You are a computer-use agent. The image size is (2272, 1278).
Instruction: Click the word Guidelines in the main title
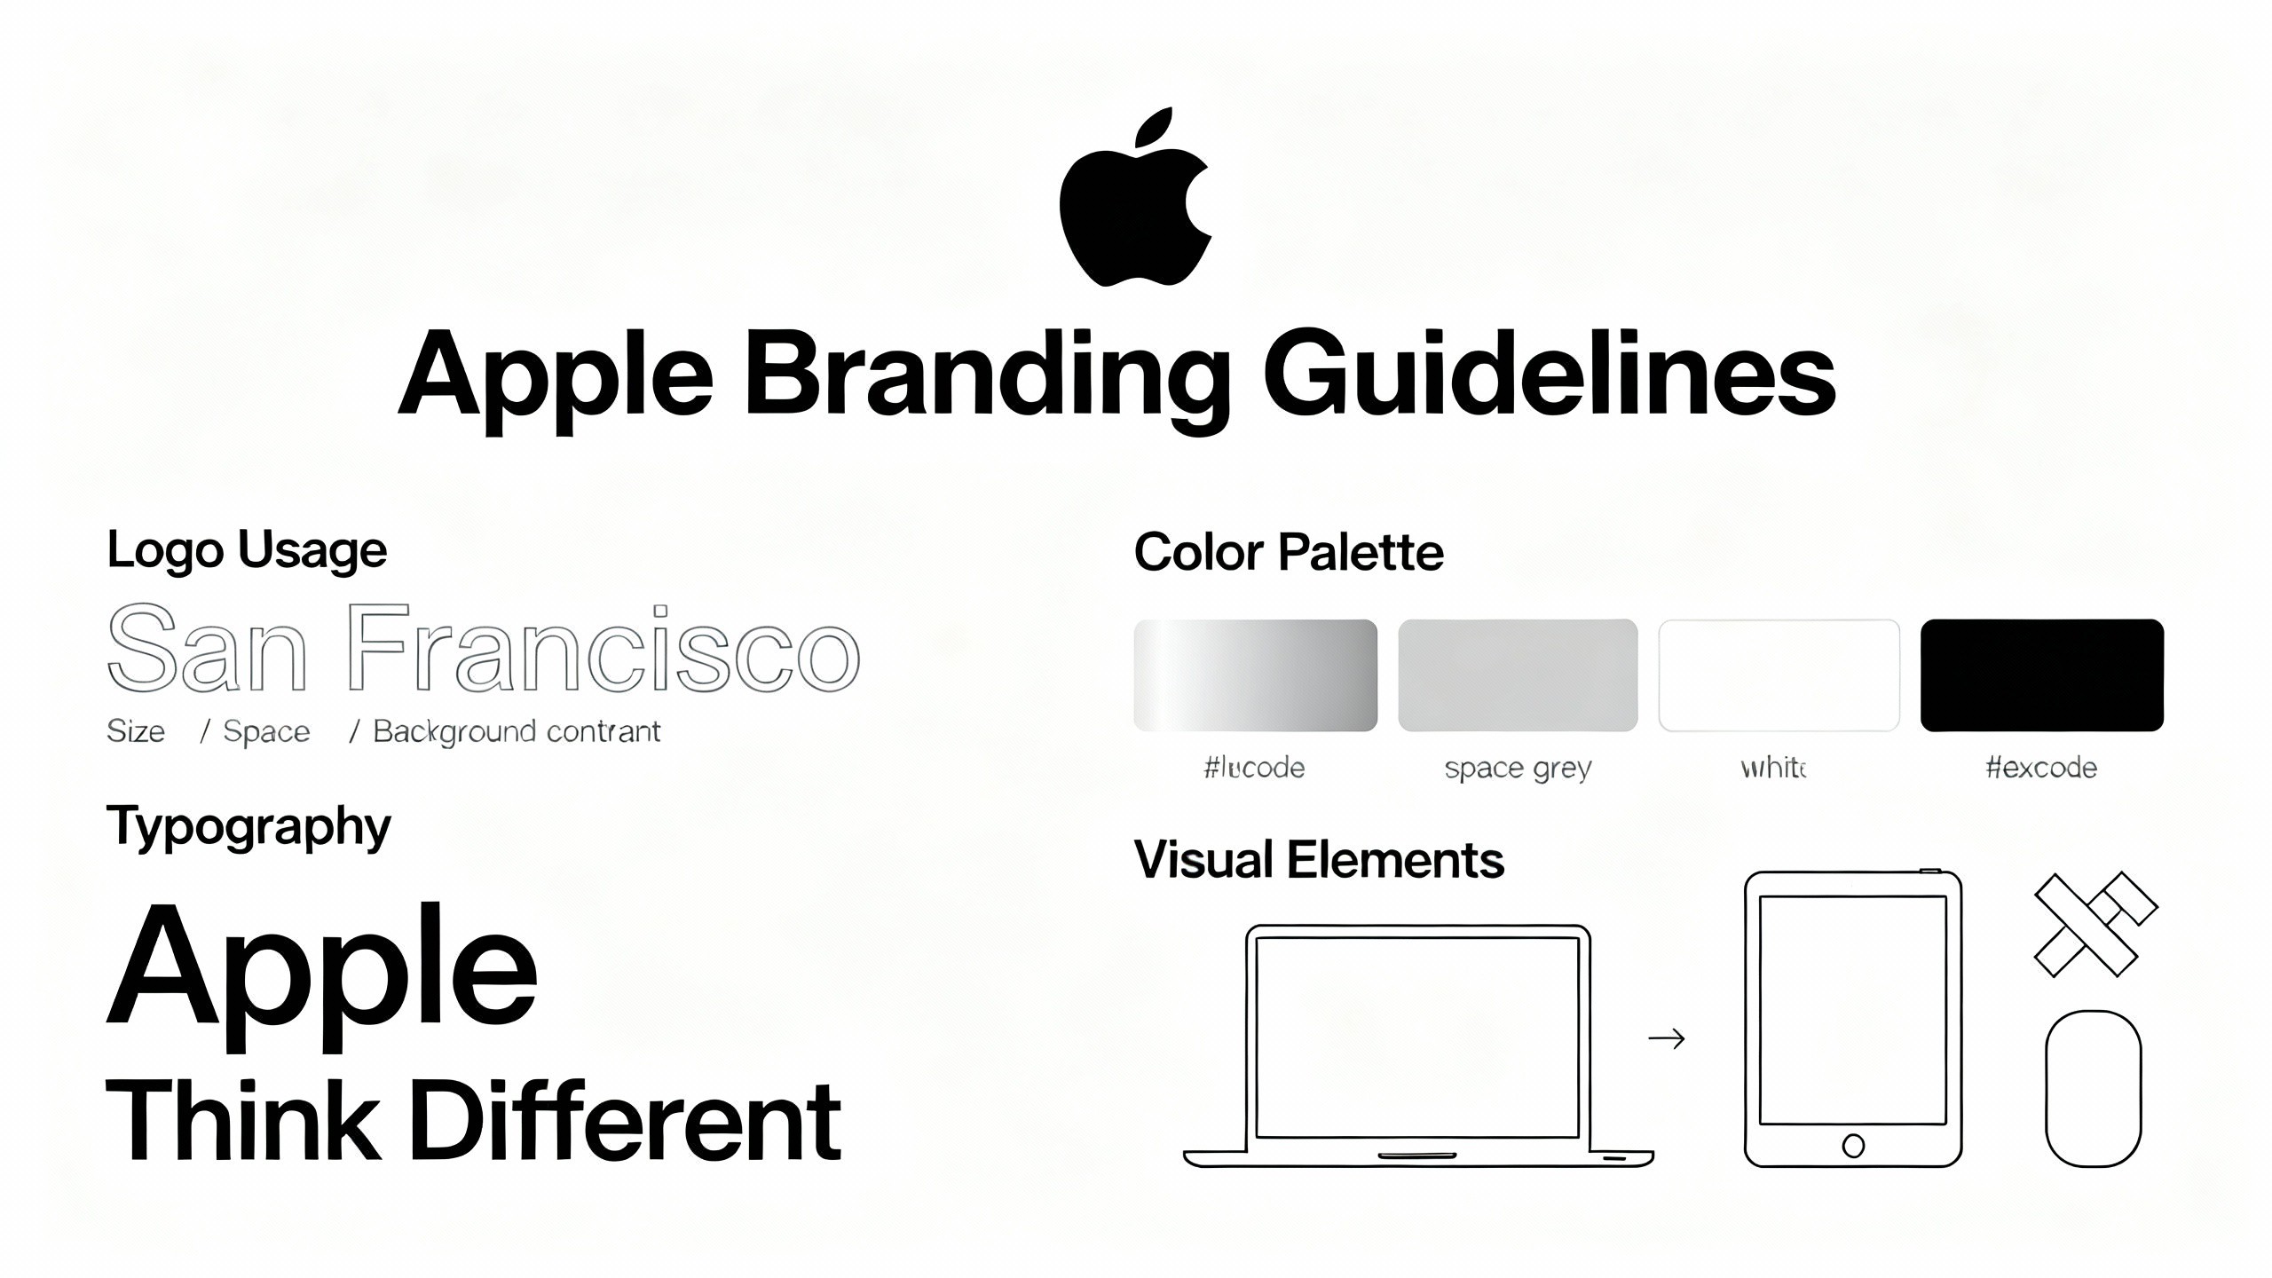(1549, 373)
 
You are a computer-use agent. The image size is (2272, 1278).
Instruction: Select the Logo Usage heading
(247, 550)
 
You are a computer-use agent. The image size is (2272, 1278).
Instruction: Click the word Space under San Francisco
(266, 731)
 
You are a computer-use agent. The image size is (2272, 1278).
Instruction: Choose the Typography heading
(248, 827)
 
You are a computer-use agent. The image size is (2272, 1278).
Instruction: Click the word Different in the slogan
(625, 1120)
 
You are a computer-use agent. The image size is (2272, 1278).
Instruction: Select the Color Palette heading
(1289, 552)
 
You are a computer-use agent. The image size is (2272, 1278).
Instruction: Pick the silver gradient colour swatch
(1255, 675)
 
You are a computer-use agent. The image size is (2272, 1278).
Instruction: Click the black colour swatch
(2041, 675)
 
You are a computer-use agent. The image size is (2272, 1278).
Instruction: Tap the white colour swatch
(1779, 675)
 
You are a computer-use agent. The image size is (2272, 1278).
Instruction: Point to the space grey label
(1518, 768)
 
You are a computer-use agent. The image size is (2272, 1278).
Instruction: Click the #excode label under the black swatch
(2041, 768)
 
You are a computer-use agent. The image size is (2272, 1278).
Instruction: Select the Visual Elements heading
(1319, 860)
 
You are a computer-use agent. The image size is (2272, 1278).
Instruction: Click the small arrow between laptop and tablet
(1666, 1038)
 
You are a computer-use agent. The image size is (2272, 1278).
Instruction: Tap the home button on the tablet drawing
(1853, 1146)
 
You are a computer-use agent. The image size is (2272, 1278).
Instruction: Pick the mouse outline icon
(2093, 1088)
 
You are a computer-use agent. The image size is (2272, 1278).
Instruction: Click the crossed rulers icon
(2094, 925)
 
